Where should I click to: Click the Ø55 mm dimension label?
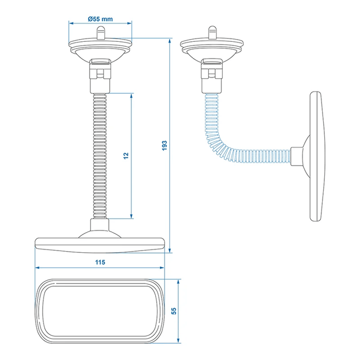[x=100, y=19]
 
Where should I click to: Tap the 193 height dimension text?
[x=164, y=145]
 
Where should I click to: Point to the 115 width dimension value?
[x=100, y=262]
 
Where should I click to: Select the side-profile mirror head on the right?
[x=316, y=156]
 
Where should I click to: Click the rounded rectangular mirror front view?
[x=100, y=310]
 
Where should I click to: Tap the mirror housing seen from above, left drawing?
[x=100, y=244]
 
